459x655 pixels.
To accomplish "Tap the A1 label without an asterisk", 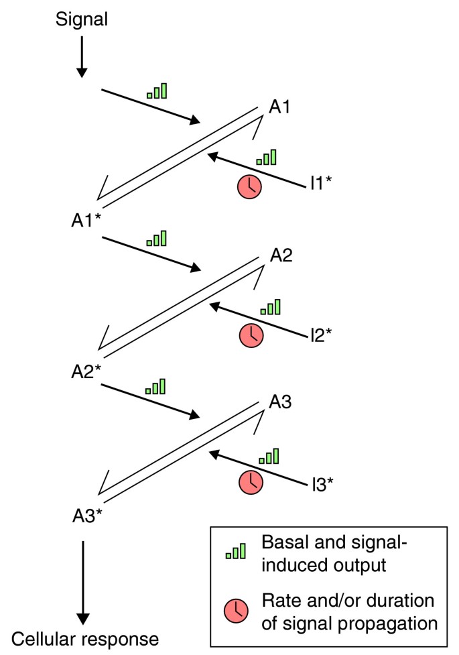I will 281,107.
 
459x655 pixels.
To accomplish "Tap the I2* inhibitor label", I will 321,333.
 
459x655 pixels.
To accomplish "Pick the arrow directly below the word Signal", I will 82,56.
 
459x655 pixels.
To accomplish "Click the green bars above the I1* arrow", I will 267,158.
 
